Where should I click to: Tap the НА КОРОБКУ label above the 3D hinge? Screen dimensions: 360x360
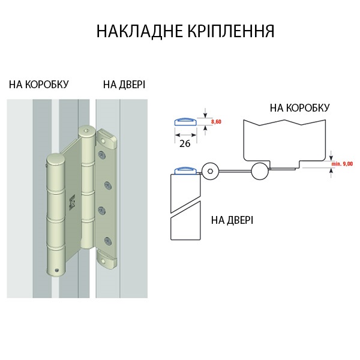(38, 84)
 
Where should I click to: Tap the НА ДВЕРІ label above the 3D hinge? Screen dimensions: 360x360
(124, 84)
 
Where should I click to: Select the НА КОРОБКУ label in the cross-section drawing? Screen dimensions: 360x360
(299, 108)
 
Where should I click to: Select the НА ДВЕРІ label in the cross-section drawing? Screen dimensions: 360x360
(232, 220)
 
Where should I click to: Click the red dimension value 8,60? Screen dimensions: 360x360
(216, 122)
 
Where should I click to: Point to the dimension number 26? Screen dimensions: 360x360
(185, 144)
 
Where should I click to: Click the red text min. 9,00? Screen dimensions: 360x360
(341, 163)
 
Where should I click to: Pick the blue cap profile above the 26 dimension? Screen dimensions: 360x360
(185, 122)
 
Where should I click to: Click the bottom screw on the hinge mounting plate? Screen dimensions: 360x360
(107, 242)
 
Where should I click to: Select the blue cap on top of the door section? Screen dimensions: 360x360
(185, 170)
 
